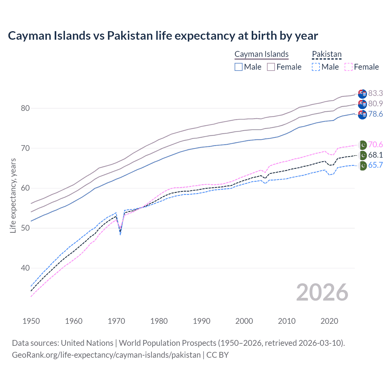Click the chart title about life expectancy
tap(163, 36)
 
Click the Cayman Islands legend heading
tap(261, 54)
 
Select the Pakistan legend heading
tap(327, 54)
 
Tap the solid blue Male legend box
tap(239, 67)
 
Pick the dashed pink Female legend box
tap(349, 67)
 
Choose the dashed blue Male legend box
tap(316, 67)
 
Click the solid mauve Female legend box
tap(271, 67)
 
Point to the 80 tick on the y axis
tap(25, 108)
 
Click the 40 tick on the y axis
tap(25, 268)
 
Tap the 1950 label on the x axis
tap(31, 321)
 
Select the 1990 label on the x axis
tap(202, 321)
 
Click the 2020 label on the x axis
tap(329, 321)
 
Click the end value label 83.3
tap(375, 93)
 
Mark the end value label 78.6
tap(375, 114)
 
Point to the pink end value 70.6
tap(375, 144)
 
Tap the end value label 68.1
tap(375, 155)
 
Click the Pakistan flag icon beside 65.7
tap(363, 166)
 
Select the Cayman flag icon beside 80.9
tap(362, 104)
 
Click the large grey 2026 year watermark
tap(322, 292)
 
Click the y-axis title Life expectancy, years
tap(13, 195)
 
